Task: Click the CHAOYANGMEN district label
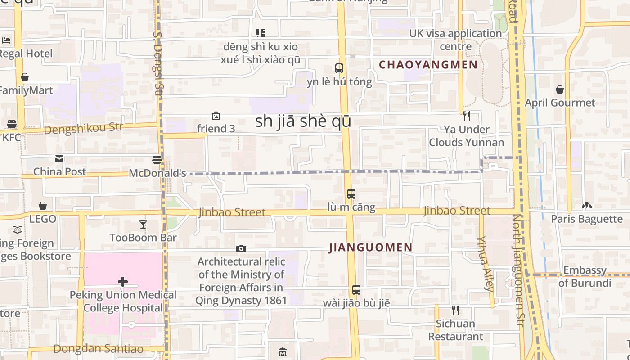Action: coord(428,65)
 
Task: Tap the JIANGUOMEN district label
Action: coord(371,247)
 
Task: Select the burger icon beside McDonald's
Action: coord(157,160)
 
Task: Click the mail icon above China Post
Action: coord(59,159)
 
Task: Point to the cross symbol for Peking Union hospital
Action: coord(122,282)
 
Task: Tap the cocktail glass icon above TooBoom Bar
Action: coord(143,224)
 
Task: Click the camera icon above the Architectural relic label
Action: coord(241,248)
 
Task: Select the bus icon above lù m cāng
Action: coord(351,194)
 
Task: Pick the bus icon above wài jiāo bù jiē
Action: coord(356,290)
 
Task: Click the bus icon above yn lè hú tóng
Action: coord(339,68)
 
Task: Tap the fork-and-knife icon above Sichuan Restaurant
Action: coord(455,310)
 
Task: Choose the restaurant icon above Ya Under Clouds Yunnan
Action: coord(467,116)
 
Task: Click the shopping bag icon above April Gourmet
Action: coord(560,90)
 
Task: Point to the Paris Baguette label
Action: coord(587,219)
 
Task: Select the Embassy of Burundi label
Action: coord(585,277)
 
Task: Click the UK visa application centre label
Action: coord(455,40)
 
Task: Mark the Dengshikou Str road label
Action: coord(84,129)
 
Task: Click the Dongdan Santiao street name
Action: coord(98,349)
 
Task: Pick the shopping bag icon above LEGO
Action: coord(43,206)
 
